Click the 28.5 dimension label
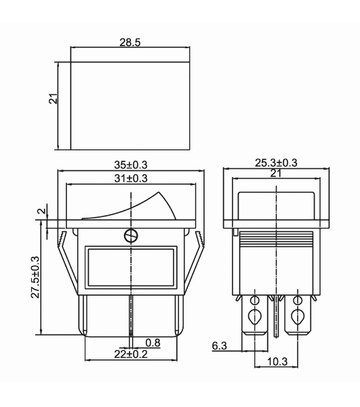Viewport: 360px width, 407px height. pos(130,42)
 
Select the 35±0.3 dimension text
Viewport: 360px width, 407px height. pos(131,165)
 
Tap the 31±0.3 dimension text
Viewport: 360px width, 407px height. pos(131,178)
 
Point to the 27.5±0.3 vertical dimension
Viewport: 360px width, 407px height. pos(35,277)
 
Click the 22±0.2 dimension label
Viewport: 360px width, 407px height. pos(131,354)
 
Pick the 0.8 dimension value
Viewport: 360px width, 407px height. pos(153,343)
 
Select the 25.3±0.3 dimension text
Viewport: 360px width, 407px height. pos(276,163)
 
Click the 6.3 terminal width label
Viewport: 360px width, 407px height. pos(220,346)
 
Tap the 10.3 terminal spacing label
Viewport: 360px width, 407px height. pos(277,362)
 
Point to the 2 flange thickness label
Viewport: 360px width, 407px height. pos(42,211)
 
